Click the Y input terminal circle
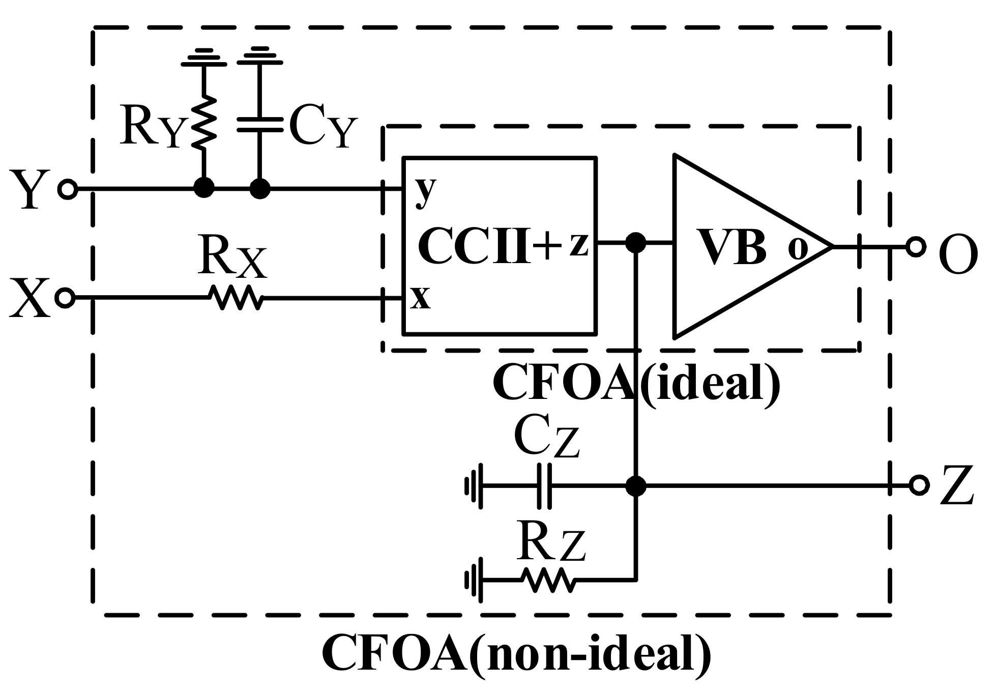pos(68,189)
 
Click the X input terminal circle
pos(65,298)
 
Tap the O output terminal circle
pos(915,247)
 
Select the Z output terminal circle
pos(919,485)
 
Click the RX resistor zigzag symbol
pos(237,298)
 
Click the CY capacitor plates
pos(260,125)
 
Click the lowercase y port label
pos(425,191)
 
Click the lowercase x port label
pos(421,298)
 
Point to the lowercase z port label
pos(578,244)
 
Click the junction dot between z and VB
pos(635,243)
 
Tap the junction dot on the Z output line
pos(635,486)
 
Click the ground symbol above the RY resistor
pos(204,57)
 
